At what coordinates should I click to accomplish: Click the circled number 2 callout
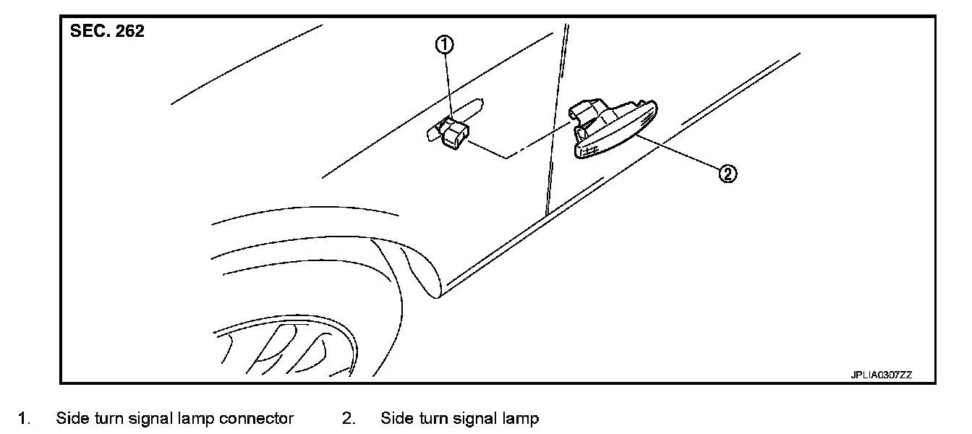pyautogui.click(x=728, y=174)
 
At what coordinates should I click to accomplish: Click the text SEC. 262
pyautogui.click(x=107, y=33)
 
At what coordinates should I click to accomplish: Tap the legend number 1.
pyautogui.click(x=24, y=419)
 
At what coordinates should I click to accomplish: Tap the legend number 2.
pyautogui.click(x=349, y=419)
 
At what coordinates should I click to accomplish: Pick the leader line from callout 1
pyautogui.click(x=447, y=83)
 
